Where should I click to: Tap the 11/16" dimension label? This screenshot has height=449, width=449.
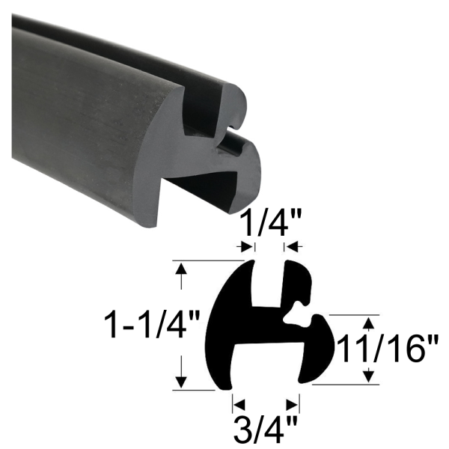point(388,349)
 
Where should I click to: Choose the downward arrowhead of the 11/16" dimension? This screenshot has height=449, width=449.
point(367,377)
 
